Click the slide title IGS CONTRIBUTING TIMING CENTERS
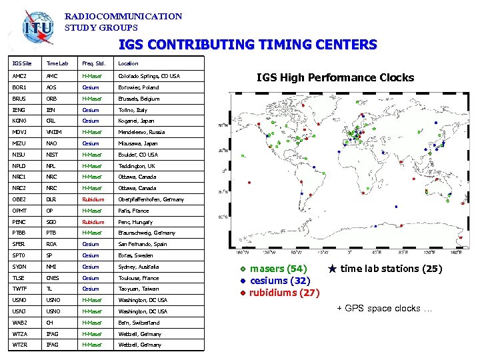coord(247,45)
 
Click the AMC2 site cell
coord(20,76)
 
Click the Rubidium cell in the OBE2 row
coord(93,199)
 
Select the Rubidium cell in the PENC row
coord(93,222)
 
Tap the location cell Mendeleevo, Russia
coord(144,132)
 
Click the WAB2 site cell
coord(20,323)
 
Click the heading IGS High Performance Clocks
coord(335,77)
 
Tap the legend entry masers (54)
coord(277,269)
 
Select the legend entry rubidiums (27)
coord(284,293)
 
